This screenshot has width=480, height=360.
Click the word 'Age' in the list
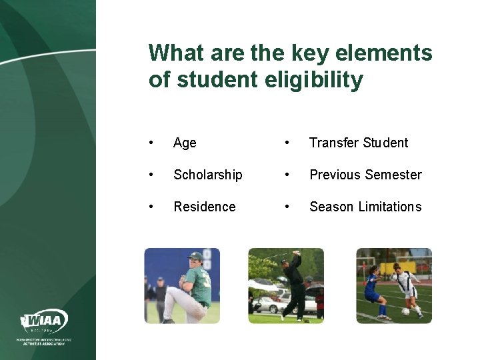185,143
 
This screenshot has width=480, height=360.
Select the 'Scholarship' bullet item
207,175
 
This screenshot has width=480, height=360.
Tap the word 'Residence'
204,207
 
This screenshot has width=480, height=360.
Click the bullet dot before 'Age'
153,143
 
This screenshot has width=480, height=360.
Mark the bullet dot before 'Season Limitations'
287,207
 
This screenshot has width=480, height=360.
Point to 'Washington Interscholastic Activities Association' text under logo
45,341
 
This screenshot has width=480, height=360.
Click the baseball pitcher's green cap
195,256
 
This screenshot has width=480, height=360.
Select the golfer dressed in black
293,285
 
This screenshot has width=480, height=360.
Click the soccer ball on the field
405,311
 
